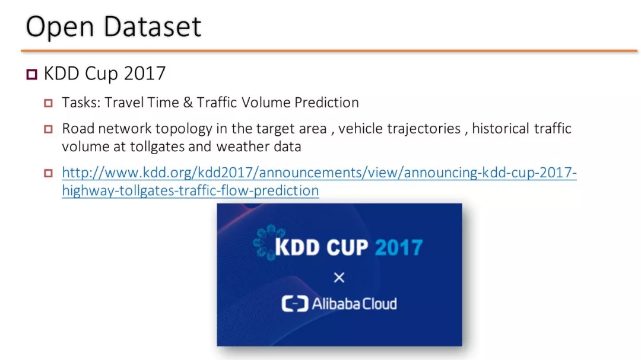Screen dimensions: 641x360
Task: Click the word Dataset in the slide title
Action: pyautogui.click(x=152, y=27)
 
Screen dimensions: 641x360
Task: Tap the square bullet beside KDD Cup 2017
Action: pyautogui.click(x=32, y=74)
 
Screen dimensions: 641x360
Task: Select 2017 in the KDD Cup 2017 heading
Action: pyautogui.click(x=145, y=74)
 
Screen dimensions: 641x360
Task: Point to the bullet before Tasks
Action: pyautogui.click(x=48, y=103)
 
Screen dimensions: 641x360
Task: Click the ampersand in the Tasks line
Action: pyautogui.click(x=188, y=103)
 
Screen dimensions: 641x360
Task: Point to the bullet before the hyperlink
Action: pyautogui.click(x=48, y=173)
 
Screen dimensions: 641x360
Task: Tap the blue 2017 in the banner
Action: pyautogui.click(x=399, y=248)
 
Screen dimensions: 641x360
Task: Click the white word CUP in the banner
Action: pyautogui.click(x=347, y=248)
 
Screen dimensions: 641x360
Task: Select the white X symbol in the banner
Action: pyautogui.click(x=339, y=278)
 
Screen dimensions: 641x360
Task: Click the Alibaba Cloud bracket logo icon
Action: pyautogui.click(x=295, y=304)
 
